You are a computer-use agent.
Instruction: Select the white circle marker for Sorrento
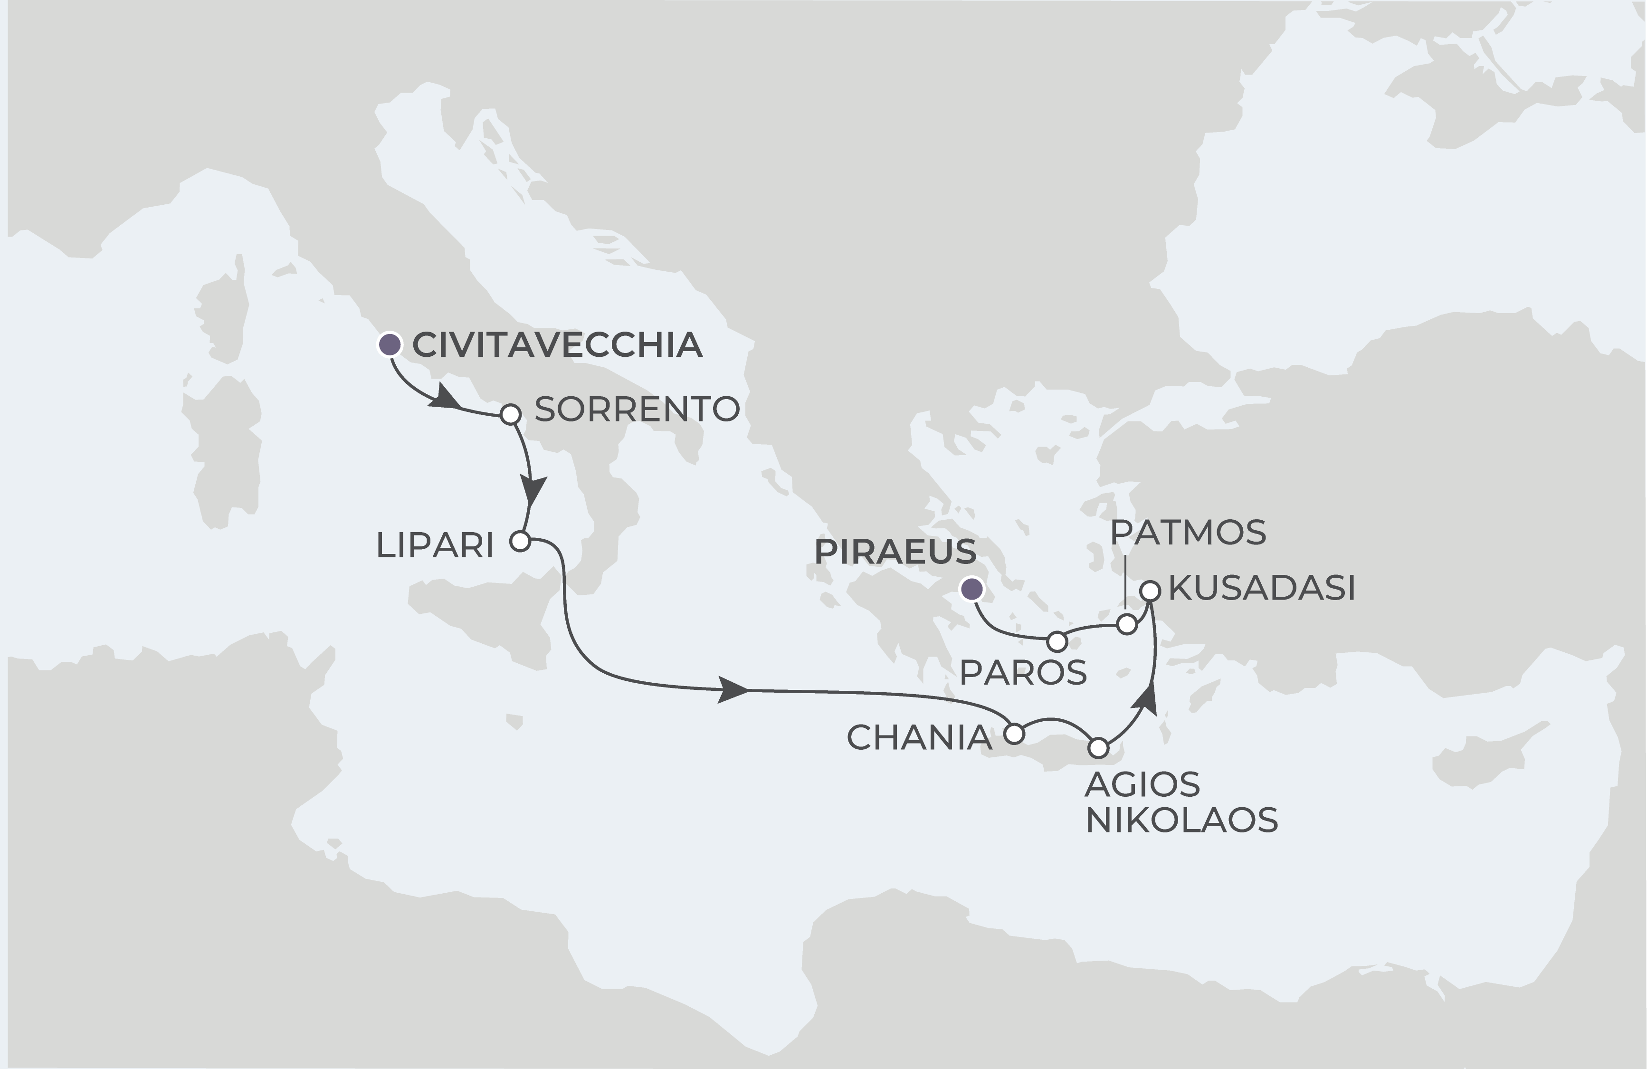pyautogui.click(x=510, y=414)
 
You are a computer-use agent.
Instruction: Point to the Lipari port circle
pyautogui.click(x=520, y=541)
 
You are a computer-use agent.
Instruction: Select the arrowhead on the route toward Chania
pyautogui.click(x=732, y=690)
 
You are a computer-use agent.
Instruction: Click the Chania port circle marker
pyautogui.click(x=1014, y=734)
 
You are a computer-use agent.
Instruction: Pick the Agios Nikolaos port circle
pyautogui.click(x=1098, y=748)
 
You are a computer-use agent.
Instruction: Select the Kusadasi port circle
pyautogui.click(x=1150, y=591)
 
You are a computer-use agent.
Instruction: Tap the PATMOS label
pyautogui.click(x=1188, y=533)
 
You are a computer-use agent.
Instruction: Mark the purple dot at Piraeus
pyautogui.click(x=972, y=589)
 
